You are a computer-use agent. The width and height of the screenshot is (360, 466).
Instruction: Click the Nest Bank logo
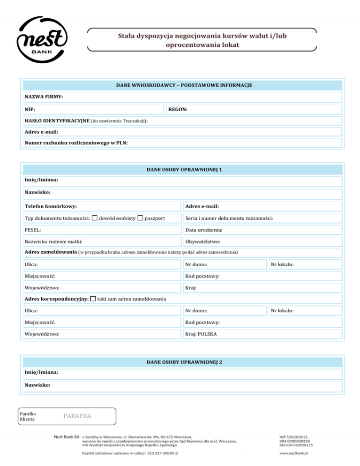(x=42, y=41)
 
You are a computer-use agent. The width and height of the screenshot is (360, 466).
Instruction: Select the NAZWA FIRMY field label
(x=44, y=97)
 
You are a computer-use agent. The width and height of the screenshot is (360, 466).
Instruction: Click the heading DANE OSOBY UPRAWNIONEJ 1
(x=184, y=169)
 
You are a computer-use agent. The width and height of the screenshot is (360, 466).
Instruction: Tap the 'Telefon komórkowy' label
(x=51, y=206)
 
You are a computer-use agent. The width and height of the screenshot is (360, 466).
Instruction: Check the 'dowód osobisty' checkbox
(x=95, y=218)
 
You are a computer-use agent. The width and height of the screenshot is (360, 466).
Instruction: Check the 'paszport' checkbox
(x=140, y=218)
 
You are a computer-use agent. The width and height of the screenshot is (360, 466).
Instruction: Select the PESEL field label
(x=32, y=230)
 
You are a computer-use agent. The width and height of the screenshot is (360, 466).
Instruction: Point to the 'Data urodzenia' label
(x=204, y=230)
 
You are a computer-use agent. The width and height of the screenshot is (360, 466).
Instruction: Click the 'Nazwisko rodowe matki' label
(x=53, y=242)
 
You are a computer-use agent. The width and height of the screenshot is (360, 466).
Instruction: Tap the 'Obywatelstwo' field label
(x=203, y=242)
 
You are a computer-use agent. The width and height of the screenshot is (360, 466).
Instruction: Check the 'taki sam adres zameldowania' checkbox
(x=93, y=299)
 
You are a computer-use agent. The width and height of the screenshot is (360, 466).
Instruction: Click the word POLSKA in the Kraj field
(x=209, y=335)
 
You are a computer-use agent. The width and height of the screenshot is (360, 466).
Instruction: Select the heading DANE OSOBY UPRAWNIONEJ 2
(x=184, y=362)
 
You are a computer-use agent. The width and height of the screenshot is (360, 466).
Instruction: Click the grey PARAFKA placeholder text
(x=77, y=416)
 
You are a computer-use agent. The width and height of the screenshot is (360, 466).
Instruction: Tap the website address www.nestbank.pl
(x=296, y=453)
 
